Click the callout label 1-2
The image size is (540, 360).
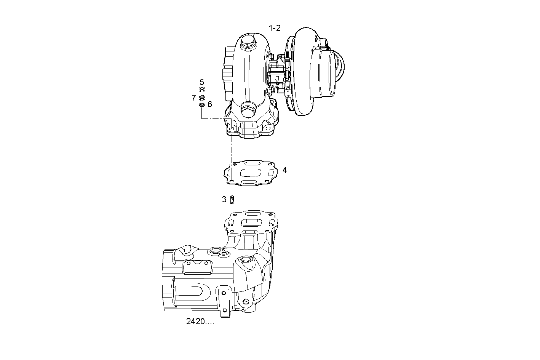click(275, 28)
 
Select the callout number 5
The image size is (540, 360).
click(202, 82)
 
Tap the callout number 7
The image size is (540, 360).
click(193, 98)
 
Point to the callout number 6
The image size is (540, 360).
click(210, 104)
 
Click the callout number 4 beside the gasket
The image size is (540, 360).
click(284, 170)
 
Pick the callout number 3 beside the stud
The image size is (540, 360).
click(224, 199)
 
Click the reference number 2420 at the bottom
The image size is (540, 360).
click(200, 322)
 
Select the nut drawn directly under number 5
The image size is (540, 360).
click(202, 90)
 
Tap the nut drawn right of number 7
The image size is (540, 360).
click(202, 98)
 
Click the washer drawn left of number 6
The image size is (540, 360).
click(202, 105)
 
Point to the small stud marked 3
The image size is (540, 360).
click(232, 199)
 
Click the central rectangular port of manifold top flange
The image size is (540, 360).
click(252, 223)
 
